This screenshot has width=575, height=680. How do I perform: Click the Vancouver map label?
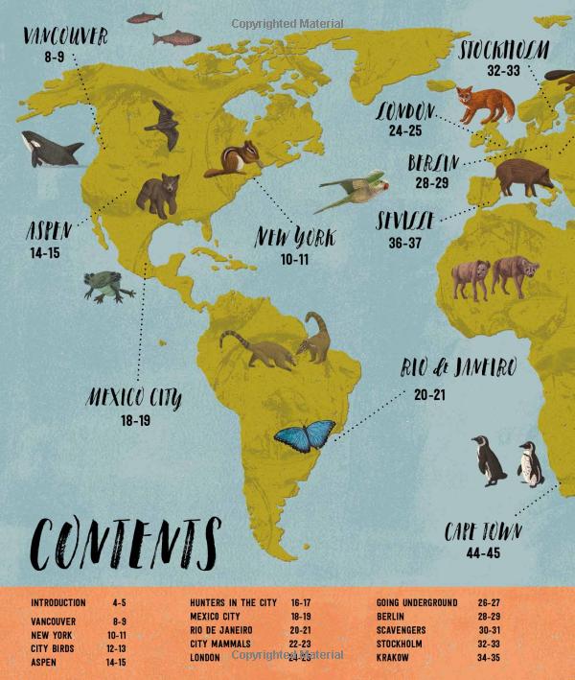point(65,38)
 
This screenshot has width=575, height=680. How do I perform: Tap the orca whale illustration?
point(51,149)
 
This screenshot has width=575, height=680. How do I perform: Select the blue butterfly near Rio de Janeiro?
point(305,435)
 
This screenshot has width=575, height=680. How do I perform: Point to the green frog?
point(103,286)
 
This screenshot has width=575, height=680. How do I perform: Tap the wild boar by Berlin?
point(522,176)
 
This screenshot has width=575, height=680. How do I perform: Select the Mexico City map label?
point(134,396)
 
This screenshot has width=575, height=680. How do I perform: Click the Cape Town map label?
point(484,533)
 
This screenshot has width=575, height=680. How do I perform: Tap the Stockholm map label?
point(504,51)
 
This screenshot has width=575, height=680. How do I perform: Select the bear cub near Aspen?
point(158,195)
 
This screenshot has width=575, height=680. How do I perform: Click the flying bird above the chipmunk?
point(163,125)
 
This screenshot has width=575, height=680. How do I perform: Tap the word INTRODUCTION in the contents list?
point(58,603)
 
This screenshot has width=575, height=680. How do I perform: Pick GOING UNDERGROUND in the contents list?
point(417,603)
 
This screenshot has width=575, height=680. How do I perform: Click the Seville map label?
point(406,223)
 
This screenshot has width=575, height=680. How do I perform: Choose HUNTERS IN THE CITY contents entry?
point(234,603)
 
